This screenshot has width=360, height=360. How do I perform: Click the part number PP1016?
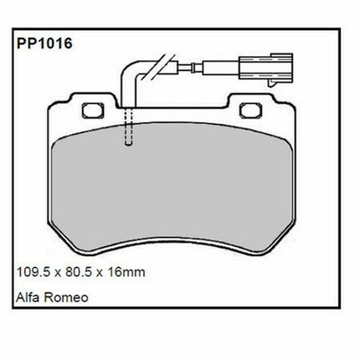(44, 44)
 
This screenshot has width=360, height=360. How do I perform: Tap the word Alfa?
(28, 297)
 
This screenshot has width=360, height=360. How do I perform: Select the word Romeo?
(66, 297)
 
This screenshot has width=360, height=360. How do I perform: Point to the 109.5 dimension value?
(33, 271)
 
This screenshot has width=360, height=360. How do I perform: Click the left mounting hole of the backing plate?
(93, 111)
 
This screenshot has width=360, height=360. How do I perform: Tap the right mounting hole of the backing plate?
(251, 111)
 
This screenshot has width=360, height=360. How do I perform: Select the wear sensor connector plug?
(265, 68)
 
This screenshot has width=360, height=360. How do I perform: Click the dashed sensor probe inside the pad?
(128, 126)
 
